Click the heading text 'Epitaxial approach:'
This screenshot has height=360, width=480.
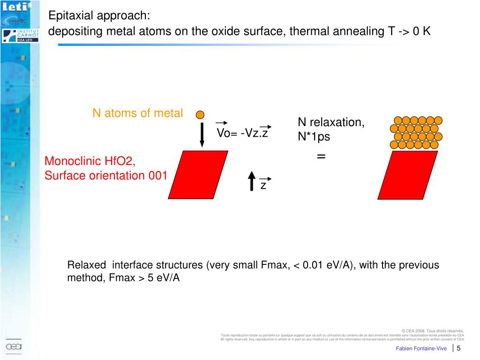pos(99,16)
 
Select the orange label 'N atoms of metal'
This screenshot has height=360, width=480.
pos(137,113)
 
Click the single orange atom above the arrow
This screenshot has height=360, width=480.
pos(200,114)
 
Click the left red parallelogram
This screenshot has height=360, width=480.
pos(198,174)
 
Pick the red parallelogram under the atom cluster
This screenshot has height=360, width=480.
pos(408,174)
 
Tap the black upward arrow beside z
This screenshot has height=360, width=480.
pos(252,181)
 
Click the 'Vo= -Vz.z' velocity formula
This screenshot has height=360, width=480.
pos(242,133)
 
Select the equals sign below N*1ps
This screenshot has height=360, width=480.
pos(321,156)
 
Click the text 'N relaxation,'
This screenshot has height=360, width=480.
pos(331,122)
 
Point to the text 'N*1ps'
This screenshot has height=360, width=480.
pos(314,137)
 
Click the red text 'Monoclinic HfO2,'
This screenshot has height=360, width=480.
pos(90,162)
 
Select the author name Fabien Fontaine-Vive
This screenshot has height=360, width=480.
pos(421,348)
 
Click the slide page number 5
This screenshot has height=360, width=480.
pos(458,348)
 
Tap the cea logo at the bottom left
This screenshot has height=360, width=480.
pos(14,347)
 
